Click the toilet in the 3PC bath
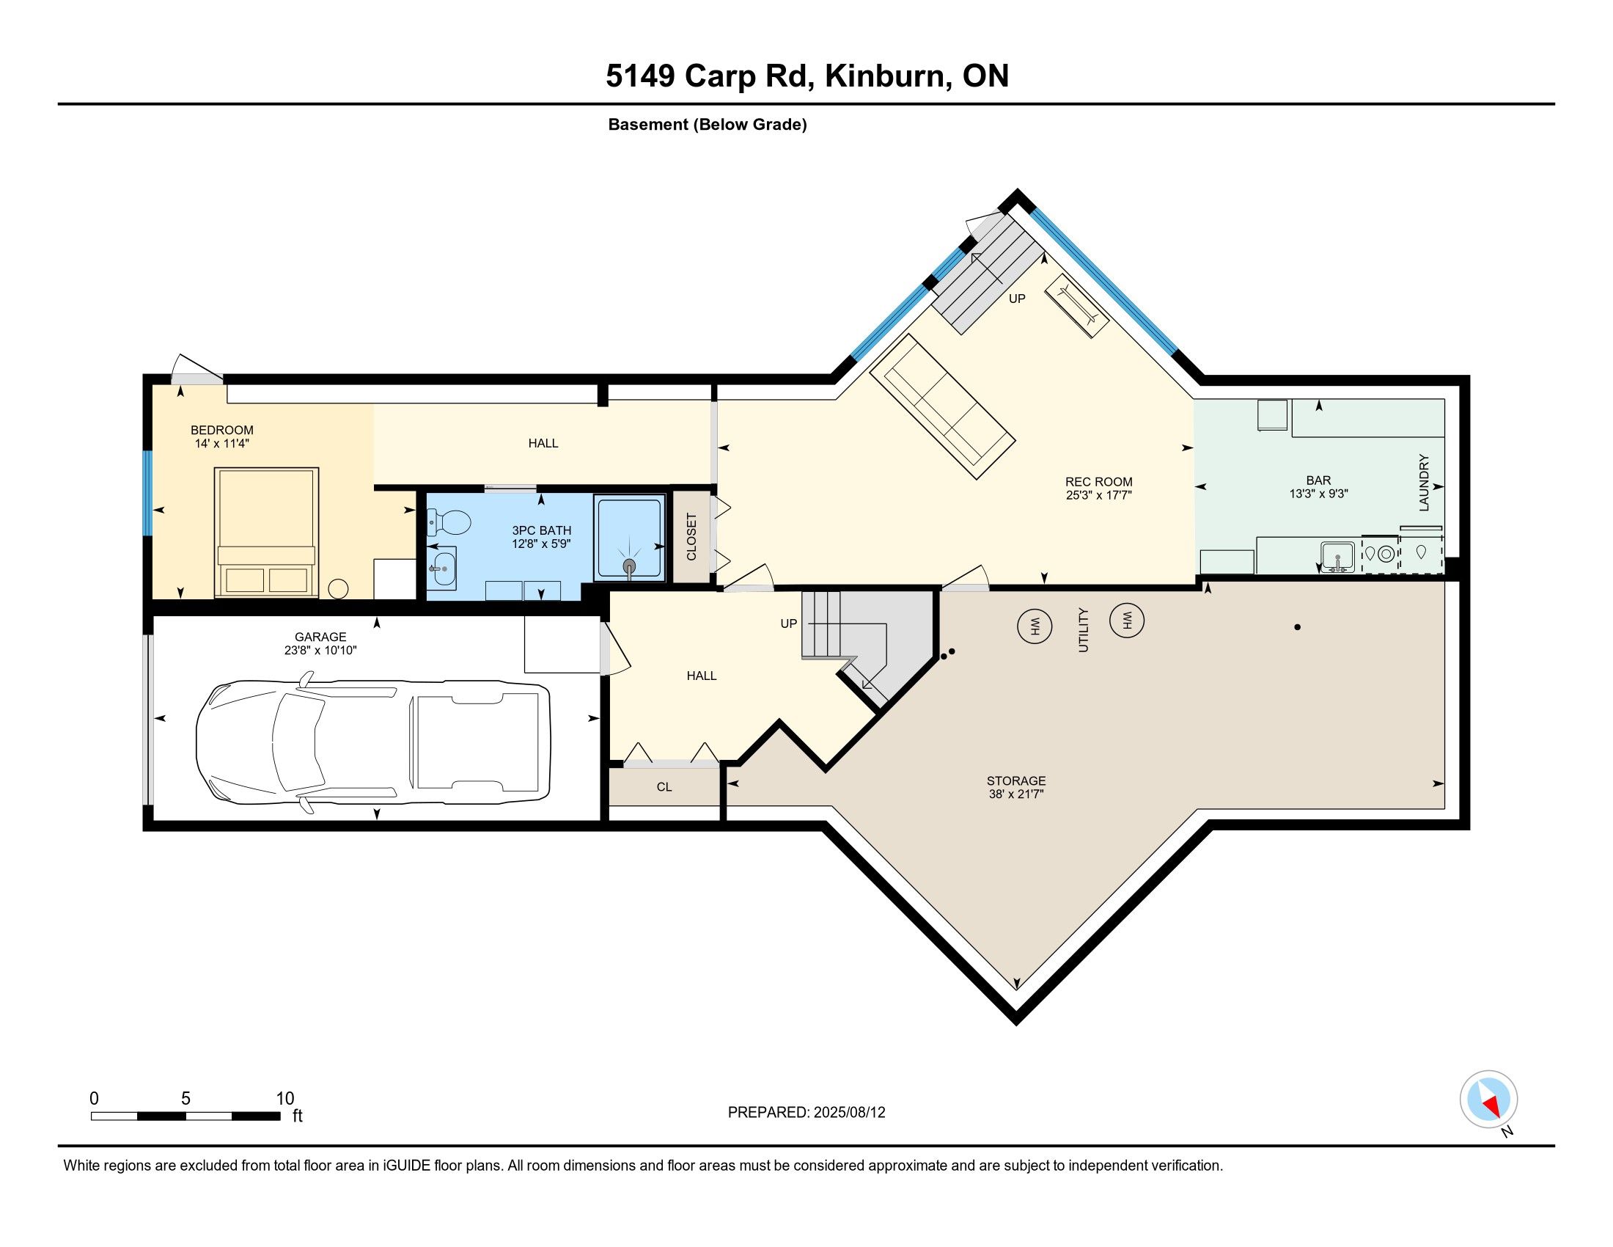point(449,523)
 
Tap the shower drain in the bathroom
point(628,566)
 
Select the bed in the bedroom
point(267,532)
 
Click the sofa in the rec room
point(942,406)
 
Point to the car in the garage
point(373,741)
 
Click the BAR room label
point(1318,480)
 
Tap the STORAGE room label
point(1016,781)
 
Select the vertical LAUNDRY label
point(1424,483)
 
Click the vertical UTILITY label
point(1084,629)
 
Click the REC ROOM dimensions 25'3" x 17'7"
point(1099,495)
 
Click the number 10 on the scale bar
point(285,1099)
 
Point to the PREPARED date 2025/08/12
point(848,1113)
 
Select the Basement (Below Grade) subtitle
point(708,124)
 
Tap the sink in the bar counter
point(1337,556)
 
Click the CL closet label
point(664,788)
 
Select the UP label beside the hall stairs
point(789,623)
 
